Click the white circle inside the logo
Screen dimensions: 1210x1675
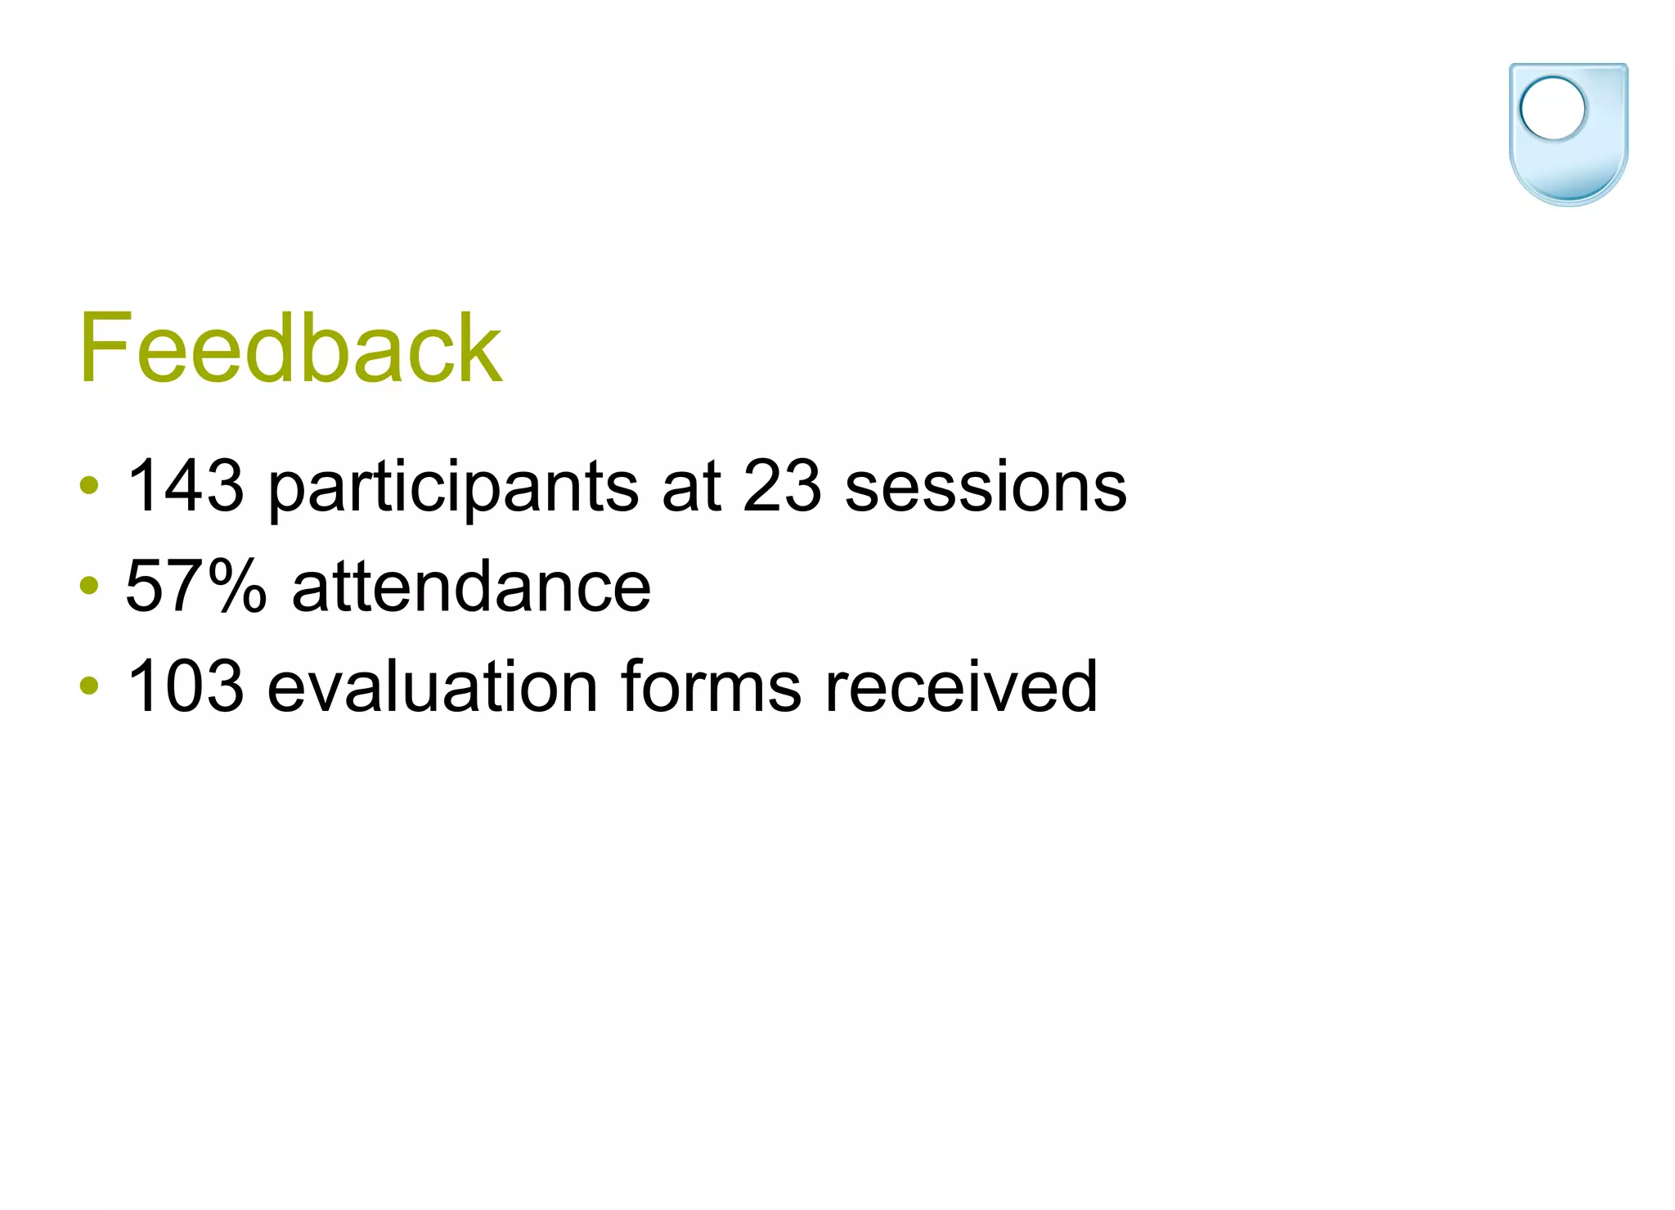1552,108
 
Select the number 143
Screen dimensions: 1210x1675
186,486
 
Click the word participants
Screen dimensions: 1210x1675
453,488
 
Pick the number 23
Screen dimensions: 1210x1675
782,486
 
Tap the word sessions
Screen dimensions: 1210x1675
986,488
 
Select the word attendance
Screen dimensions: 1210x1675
472,586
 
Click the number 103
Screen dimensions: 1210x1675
186,686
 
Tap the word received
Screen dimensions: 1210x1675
961,686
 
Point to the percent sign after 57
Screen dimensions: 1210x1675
237,586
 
